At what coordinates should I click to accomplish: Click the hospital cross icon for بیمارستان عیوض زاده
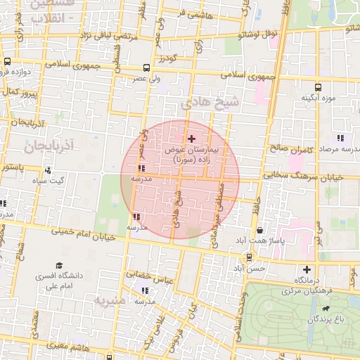191,139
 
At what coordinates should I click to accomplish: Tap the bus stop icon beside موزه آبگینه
318,87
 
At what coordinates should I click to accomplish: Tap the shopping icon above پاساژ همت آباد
261,230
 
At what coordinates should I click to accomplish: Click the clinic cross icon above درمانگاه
307,269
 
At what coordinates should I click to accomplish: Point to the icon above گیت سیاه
48,169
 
